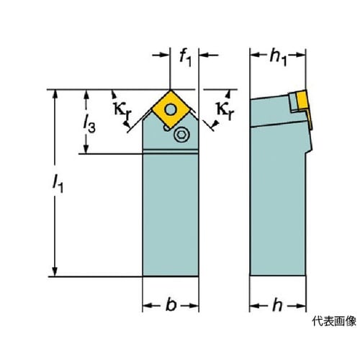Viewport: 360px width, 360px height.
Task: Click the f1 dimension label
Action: point(185,59)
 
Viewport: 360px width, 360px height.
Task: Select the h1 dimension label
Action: point(278,58)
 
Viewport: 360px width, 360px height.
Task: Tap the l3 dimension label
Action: point(89,125)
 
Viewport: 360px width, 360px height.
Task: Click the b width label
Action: point(171,305)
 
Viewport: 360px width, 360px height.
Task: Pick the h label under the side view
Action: point(277,305)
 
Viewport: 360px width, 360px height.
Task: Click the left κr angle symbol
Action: point(123,109)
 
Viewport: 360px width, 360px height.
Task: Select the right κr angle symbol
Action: point(225,109)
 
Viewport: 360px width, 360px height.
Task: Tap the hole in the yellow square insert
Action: point(171,110)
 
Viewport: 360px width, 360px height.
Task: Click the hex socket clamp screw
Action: point(181,135)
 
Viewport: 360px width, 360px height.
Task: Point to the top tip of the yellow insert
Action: point(171,91)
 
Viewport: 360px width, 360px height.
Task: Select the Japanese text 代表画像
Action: point(334,321)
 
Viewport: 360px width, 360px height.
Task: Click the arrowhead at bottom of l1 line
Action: point(55,271)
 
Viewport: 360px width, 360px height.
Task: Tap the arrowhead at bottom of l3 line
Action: point(86,148)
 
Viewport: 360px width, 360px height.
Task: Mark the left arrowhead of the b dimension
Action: point(148,305)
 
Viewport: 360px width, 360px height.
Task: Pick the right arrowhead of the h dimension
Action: point(301,306)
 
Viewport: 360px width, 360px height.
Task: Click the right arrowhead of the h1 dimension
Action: point(300,55)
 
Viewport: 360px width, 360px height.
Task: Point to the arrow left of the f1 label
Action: point(161,55)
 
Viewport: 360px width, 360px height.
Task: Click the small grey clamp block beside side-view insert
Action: point(292,102)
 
